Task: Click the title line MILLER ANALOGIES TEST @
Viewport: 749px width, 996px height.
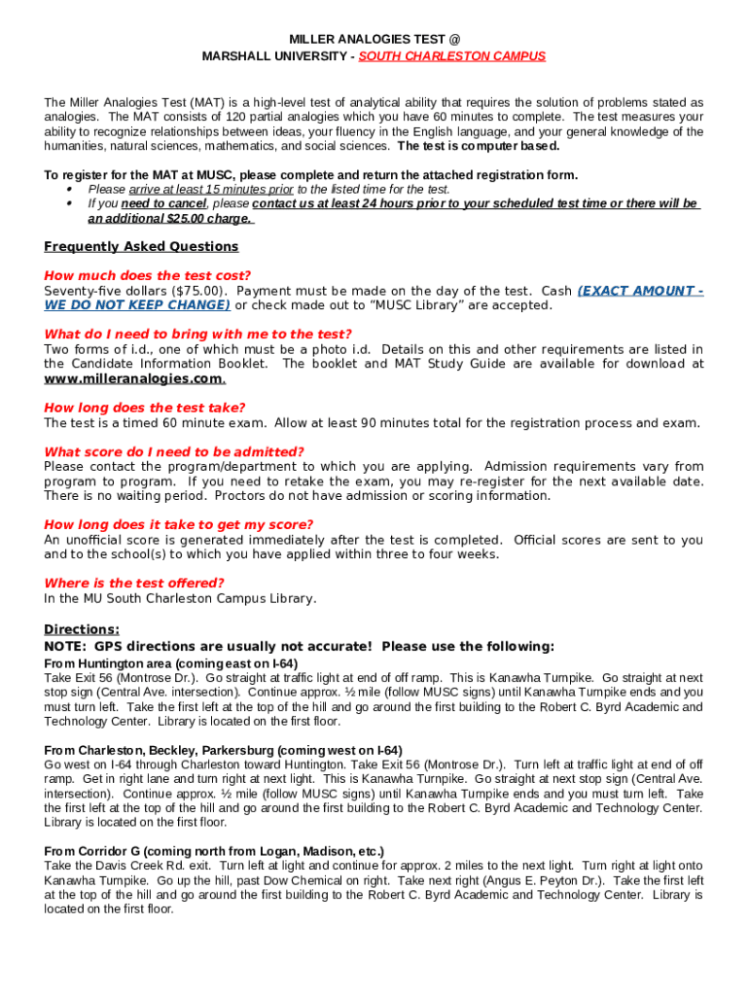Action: [374, 39]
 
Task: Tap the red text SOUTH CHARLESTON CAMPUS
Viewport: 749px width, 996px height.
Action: [451, 56]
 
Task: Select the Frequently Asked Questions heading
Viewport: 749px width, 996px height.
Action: [141, 247]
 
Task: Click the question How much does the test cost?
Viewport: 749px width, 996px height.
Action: [147, 276]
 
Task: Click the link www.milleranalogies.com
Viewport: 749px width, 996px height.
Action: [134, 378]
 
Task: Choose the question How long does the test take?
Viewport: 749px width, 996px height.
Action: [145, 409]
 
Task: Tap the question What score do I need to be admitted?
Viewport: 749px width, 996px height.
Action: [174, 452]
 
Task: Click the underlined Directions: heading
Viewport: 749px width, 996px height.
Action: [82, 629]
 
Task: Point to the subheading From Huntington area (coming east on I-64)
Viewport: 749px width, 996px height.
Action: [171, 663]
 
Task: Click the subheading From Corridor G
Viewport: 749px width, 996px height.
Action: [214, 851]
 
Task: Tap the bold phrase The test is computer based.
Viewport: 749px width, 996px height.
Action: [479, 146]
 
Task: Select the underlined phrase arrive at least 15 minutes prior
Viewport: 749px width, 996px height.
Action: [191, 190]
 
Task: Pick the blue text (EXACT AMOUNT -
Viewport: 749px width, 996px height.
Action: [640, 291]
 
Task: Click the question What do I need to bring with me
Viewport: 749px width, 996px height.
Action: [197, 335]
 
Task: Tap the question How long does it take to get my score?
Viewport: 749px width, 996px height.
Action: [178, 525]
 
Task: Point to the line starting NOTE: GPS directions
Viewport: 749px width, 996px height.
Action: [300, 647]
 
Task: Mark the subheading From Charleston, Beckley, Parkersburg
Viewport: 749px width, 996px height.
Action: [223, 751]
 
